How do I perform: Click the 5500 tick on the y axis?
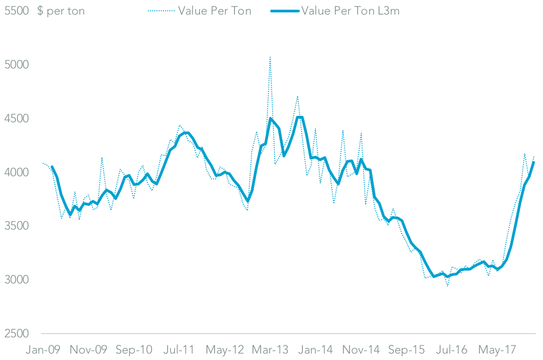point(16,11)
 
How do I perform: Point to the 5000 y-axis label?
point(16,65)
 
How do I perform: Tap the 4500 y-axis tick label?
point(16,119)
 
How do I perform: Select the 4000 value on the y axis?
point(16,172)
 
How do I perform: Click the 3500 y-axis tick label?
point(16,226)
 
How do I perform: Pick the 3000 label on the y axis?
point(16,280)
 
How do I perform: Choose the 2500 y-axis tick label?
point(16,334)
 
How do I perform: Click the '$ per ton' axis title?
point(61,11)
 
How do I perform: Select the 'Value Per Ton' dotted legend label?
point(215,11)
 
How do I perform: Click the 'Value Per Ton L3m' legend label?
point(350,11)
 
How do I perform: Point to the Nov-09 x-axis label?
point(88,349)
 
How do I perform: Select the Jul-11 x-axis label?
point(178,349)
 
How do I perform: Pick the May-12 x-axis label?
point(225,349)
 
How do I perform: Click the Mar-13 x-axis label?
point(271,349)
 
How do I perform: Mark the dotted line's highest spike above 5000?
point(270,57)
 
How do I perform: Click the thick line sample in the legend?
point(284,11)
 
